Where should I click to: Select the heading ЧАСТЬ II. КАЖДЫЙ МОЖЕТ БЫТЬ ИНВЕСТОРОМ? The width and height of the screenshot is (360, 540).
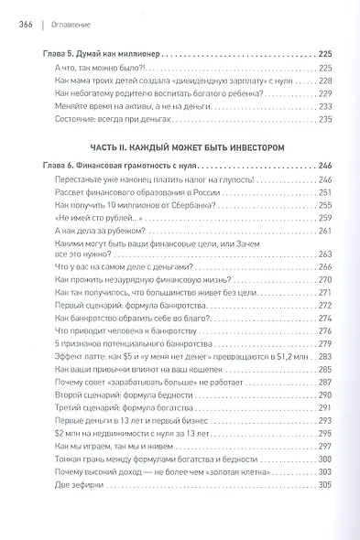180,146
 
